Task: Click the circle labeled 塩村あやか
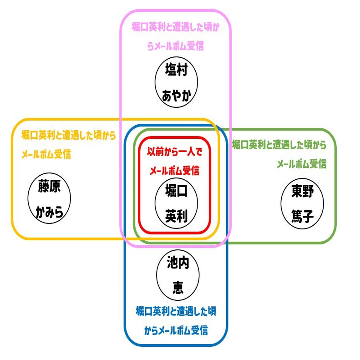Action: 176,84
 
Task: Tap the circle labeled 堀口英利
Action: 176,202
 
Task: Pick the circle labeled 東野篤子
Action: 303,202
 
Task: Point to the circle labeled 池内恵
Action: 177,274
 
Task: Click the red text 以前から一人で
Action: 175,152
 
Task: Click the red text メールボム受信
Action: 175,171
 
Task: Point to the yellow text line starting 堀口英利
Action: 68,135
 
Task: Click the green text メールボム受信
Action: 301,164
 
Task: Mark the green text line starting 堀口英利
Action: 279,145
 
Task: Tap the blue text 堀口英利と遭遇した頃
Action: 176,312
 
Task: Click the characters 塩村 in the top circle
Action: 176,73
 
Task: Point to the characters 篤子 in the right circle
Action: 303,214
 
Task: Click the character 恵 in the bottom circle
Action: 177,287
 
